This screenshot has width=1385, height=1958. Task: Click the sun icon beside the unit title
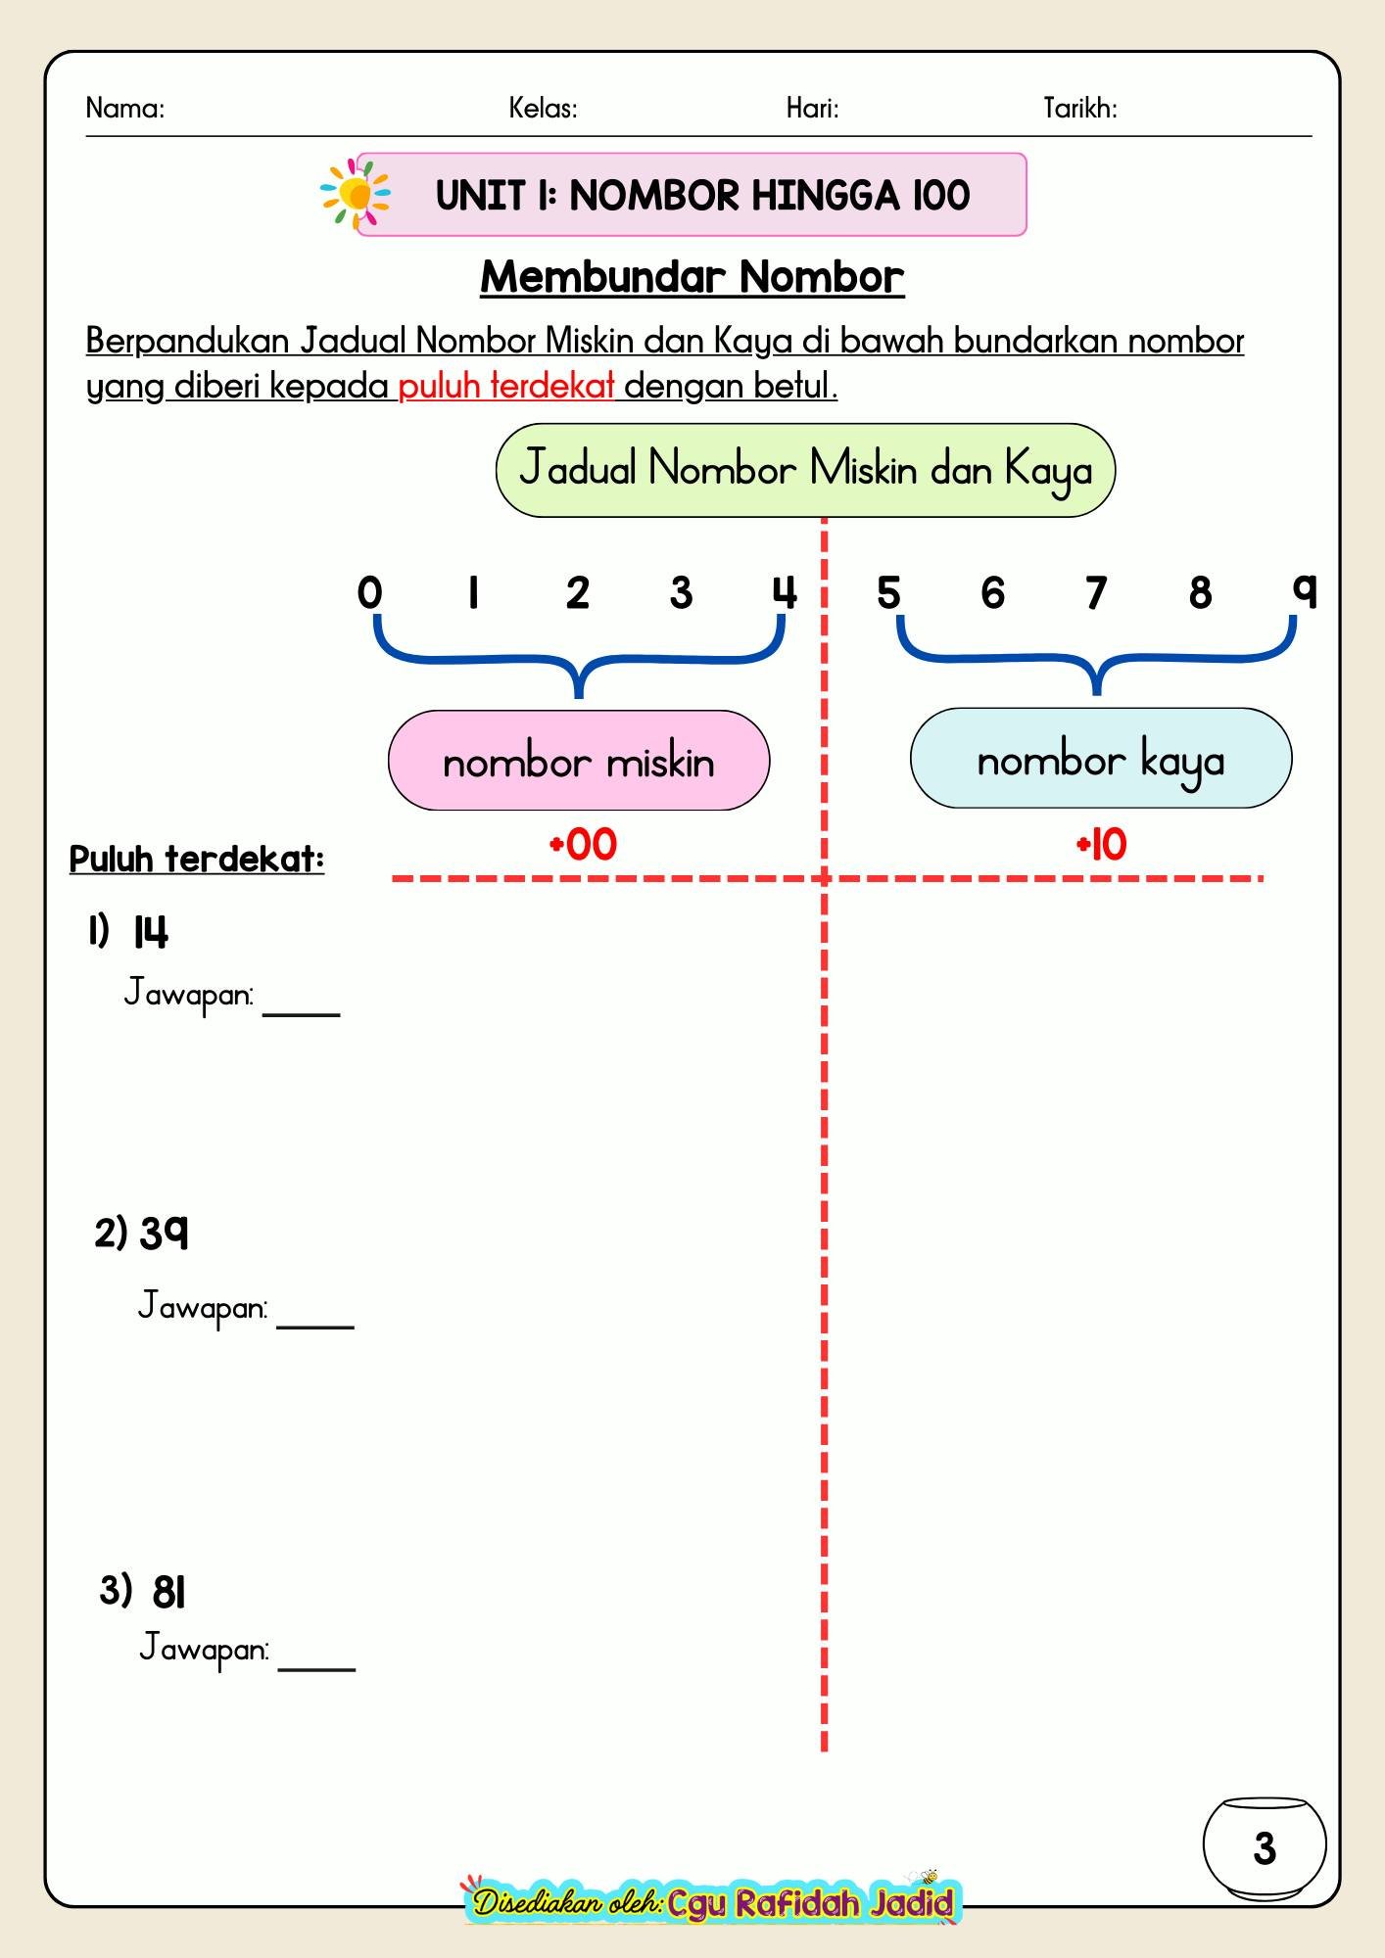pyautogui.click(x=355, y=194)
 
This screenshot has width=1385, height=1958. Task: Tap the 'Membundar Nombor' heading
pyautogui.click(x=692, y=277)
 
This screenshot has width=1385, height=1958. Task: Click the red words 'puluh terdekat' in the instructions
pyautogui.click(x=506, y=387)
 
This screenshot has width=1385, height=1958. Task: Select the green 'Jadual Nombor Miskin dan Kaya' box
pyautogui.click(x=805, y=470)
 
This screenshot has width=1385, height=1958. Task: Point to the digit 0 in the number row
pyautogui.click(x=369, y=593)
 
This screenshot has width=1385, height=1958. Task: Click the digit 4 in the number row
pyautogui.click(x=785, y=593)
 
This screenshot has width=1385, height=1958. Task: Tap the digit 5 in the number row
pyautogui.click(x=888, y=593)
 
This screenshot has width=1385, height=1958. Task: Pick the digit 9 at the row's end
pyautogui.click(x=1304, y=590)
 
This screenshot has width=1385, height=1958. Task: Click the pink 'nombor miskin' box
pyautogui.click(x=579, y=761)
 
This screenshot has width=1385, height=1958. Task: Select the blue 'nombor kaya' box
pyautogui.click(x=1101, y=759)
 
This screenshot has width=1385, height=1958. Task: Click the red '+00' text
pyautogui.click(x=584, y=845)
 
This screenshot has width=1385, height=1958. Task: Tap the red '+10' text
pyautogui.click(x=1102, y=845)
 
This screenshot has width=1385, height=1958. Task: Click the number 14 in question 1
pyautogui.click(x=151, y=932)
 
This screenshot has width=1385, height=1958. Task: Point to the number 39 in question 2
pyautogui.click(x=164, y=1234)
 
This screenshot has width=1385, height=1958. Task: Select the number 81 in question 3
pyautogui.click(x=168, y=1593)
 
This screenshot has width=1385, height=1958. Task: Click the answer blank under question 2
pyautogui.click(x=315, y=1328)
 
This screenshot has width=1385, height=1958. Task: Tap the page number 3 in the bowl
pyautogui.click(x=1265, y=1849)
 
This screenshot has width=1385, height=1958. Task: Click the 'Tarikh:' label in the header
pyautogui.click(x=1080, y=108)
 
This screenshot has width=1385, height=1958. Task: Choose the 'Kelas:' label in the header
pyautogui.click(x=543, y=108)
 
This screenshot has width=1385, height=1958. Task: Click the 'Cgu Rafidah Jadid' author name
pyautogui.click(x=811, y=1903)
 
